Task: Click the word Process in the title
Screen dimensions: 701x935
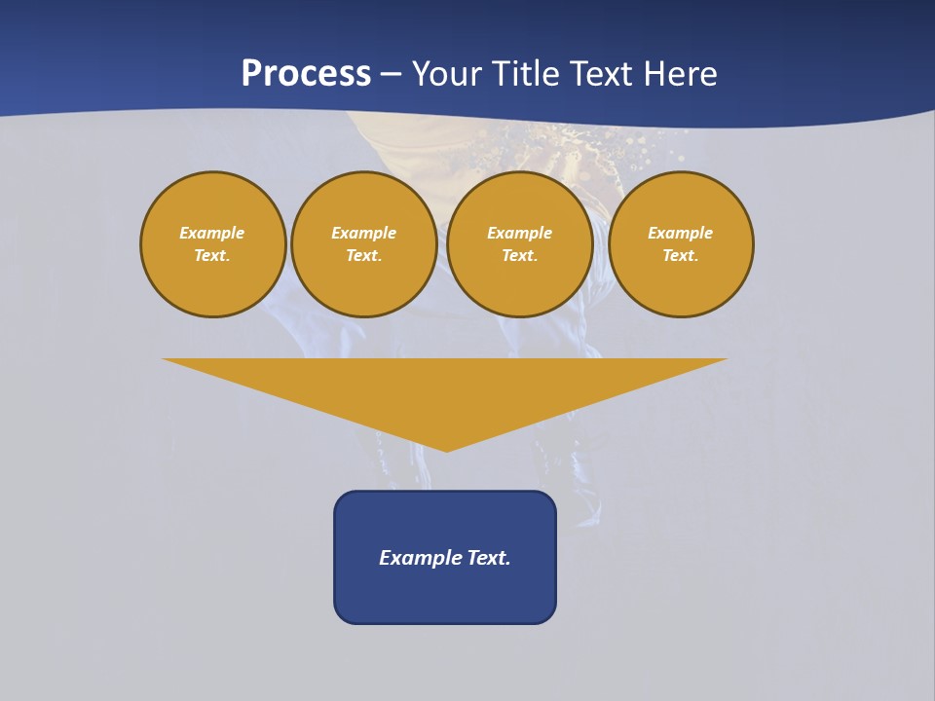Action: (x=306, y=74)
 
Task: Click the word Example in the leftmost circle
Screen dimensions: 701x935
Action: (x=212, y=233)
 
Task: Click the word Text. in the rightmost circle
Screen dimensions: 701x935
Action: (x=681, y=255)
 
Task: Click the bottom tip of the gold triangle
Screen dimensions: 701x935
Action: (x=446, y=449)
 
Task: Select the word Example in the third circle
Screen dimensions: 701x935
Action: (x=520, y=233)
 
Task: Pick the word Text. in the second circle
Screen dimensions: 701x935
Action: (x=364, y=255)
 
